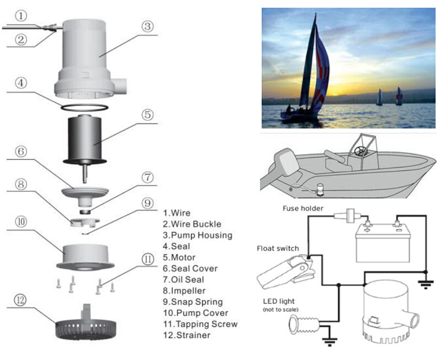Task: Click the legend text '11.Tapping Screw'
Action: [200, 324]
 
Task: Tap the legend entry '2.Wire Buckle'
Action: [191, 224]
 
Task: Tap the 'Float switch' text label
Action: [278, 248]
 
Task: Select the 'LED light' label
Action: [279, 302]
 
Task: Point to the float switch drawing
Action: [283, 272]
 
